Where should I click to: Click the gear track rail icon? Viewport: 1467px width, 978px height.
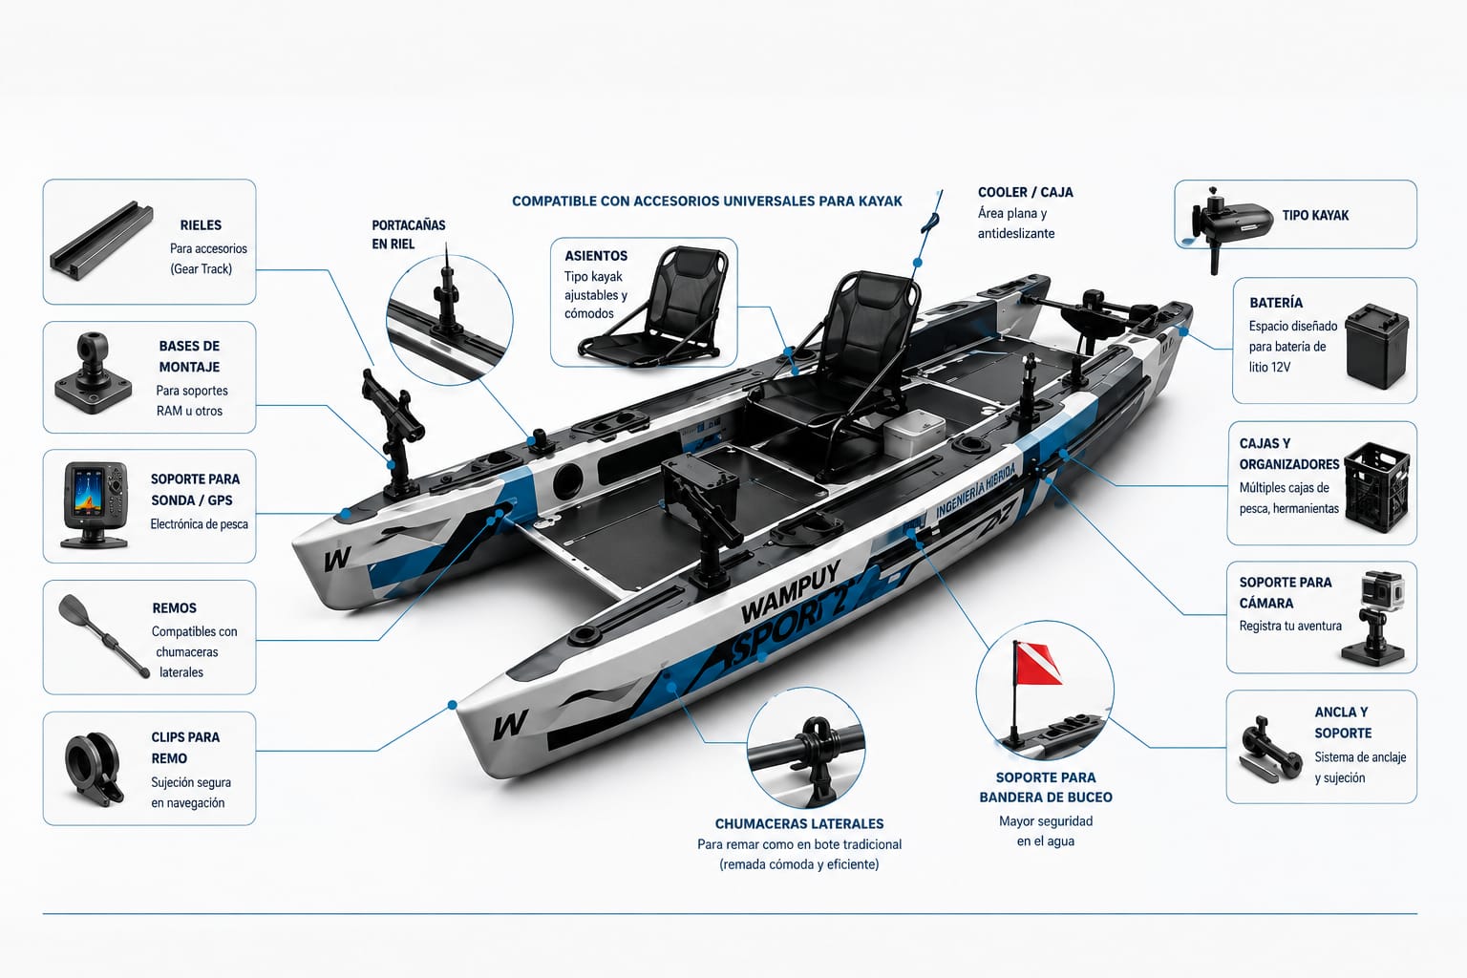(x=101, y=241)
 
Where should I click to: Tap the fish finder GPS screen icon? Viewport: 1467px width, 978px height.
(x=95, y=504)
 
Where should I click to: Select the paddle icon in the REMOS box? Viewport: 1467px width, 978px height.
(x=104, y=636)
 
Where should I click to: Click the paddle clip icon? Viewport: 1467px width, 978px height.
(x=94, y=769)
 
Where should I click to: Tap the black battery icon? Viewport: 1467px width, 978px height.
(x=1376, y=346)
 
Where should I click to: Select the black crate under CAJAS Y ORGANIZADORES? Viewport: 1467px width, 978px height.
(x=1376, y=487)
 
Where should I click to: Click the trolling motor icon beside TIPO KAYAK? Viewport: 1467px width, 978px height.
(x=1229, y=226)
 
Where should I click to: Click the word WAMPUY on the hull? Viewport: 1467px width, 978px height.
(x=790, y=592)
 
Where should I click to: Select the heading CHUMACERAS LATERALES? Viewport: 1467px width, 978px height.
(x=799, y=823)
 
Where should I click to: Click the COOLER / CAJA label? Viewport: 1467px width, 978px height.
(x=1025, y=192)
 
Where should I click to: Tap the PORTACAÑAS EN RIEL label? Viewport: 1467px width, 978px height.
(x=408, y=235)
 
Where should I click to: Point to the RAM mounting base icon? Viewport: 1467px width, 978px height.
(x=94, y=372)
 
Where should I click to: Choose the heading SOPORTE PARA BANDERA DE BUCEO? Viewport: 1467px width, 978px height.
(x=1045, y=787)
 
